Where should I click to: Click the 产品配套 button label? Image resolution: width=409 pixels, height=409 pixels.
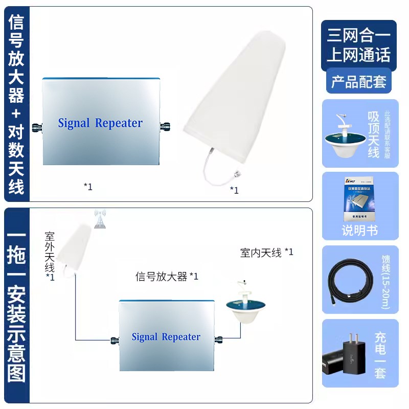pos(358,81)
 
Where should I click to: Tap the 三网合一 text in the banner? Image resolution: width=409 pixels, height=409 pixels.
pos(358,36)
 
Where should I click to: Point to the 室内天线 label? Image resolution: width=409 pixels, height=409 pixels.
pos(261,253)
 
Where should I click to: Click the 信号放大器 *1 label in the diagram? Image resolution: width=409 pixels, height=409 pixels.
pos(166,277)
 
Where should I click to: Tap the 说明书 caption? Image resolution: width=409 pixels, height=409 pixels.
pos(359,231)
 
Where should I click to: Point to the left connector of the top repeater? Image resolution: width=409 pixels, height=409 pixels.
pos(38,124)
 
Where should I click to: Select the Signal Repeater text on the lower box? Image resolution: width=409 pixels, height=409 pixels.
pos(166,337)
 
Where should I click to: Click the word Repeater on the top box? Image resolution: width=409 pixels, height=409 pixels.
pos(119,123)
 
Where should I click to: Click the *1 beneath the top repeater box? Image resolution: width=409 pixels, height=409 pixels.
pos(88,186)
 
